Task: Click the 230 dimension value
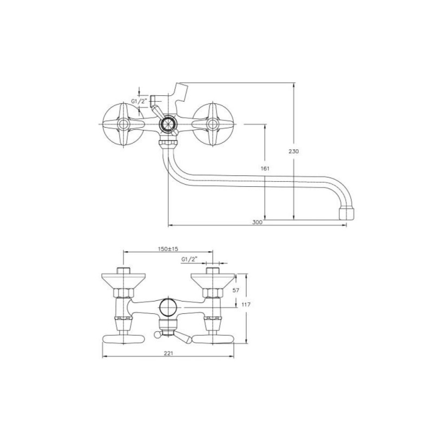click(x=293, y=152)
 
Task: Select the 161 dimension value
click(x=265, y=168)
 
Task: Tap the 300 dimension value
click(x=257, y=222)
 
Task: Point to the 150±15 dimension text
click(x=168, y=249)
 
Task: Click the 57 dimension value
click(x=236, y=290)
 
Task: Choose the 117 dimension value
click(x=246, y=305)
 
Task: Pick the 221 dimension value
click(x=168, y=353)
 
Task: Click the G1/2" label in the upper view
click(x=139, y=101)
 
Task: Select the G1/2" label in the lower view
click(x=189, y=259)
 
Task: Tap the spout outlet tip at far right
click(x=346, y=213)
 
